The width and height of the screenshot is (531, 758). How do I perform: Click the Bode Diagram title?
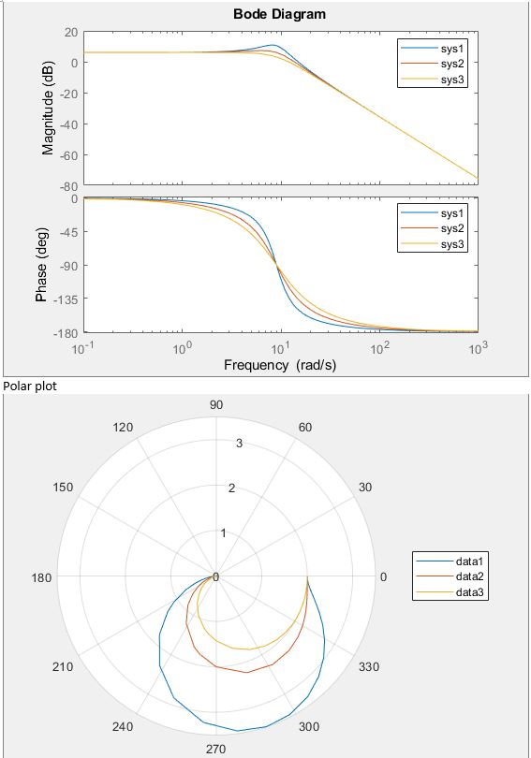[x=280, y=14]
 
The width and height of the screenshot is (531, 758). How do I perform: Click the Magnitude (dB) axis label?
[x=48, y=108]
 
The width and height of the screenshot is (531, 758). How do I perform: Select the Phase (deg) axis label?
[x=42, y=265]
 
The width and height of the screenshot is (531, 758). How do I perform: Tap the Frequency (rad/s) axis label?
[x=280, y=364]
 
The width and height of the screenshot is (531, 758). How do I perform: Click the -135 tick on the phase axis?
[x=63, y=299]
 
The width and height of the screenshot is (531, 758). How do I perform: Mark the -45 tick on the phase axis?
[x=66, y=232]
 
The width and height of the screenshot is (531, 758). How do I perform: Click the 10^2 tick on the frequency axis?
[x=379, y=347]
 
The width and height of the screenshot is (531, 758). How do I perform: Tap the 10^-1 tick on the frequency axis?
[x=83, y=347]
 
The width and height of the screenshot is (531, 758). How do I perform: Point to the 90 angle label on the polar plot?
[x=216, y=404]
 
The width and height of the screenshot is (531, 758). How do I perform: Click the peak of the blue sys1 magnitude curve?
[x=273, y=45]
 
